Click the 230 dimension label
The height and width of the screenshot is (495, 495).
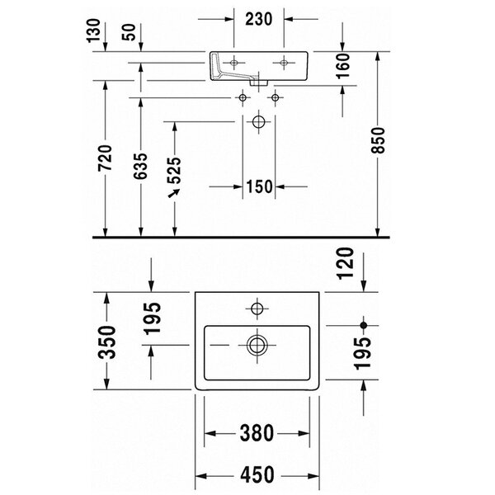[x=258, y=19]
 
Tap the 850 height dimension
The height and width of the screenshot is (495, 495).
[x=378, y=140]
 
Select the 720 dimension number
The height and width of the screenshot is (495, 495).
[x=105, y=158]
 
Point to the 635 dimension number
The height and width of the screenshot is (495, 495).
[x=140, y=166]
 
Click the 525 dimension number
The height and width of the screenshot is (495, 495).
[x=174, y=171]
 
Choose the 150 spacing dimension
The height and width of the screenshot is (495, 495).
[x=259, y=186]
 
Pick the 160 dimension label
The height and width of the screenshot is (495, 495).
[x=343, y=66]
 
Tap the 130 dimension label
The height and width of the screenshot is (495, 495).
[x=93, y=31]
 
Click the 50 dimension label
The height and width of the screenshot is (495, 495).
[x=130, y=32]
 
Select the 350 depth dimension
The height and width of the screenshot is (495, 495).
[x=106, y=342]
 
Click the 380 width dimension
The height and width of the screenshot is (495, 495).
[x=257, y=433]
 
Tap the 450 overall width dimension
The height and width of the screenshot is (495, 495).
[x=257, y=474]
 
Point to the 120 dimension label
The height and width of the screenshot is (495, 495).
[x=346, y=263]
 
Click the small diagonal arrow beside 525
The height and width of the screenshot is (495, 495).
[x=174, y=193]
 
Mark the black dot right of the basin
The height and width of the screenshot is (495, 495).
[x=364, y=325]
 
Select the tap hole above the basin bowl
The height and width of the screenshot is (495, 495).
[x=257, y=309]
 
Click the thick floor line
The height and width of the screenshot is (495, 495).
[x=241, y=237]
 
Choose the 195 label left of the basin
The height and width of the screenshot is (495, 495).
[x=152, y=318]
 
